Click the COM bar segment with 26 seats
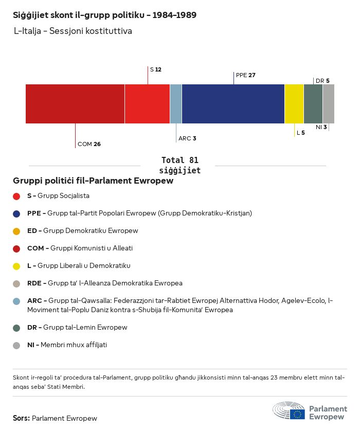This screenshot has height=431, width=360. pos(75,104)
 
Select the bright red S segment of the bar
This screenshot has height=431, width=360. pos(147,104)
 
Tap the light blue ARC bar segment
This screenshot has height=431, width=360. pos(176,104)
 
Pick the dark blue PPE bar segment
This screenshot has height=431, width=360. pos(233,104)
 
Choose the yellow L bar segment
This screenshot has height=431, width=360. pos(294,104)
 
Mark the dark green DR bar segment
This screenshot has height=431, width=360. pos(313,104)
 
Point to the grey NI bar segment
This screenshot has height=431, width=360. pos(329,104)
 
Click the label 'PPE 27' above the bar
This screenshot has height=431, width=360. pos(245,75)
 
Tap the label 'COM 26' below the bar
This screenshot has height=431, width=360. pos(89,144)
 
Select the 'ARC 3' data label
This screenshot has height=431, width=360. pos(187,138)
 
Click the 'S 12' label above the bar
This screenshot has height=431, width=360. pos(155,69)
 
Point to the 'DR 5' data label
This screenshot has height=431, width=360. pos(322,81)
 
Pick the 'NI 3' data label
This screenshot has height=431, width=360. pos(321,127)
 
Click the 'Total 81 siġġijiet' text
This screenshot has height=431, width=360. pos(179,165)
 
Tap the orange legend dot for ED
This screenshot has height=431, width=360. pos(16,231)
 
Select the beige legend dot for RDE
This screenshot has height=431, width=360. pos(16,283)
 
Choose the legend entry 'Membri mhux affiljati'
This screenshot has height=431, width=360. pos(74,345)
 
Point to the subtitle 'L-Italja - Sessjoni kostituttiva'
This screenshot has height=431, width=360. pos(73,31)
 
